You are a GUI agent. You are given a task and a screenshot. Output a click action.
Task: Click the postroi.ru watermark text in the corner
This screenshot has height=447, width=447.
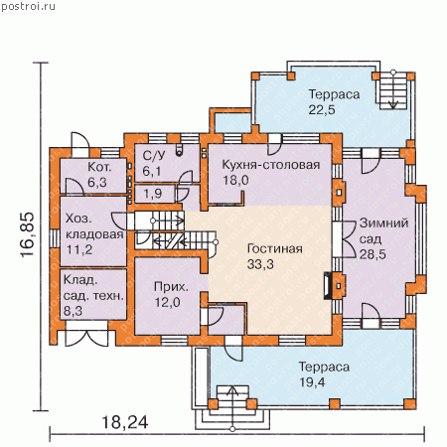coord(28,6)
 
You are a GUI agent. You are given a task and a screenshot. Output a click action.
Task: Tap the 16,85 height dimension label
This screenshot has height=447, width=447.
coord(27,234)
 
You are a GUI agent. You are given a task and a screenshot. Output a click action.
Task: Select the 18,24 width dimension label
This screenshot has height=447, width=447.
coord(125,422)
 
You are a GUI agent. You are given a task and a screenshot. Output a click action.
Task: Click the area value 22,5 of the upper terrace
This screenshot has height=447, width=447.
coord(322,109)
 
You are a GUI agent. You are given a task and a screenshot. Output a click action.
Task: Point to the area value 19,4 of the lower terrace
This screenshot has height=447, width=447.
coord(312,382)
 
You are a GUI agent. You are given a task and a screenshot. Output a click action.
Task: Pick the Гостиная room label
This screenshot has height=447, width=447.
coord(275,248)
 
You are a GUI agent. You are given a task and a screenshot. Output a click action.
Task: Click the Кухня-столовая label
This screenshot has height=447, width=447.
coord(271,165)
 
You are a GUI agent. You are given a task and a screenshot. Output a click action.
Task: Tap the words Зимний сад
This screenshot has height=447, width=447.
coord(383,230)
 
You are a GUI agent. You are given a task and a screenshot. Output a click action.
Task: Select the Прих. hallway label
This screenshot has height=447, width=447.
coord(171,287)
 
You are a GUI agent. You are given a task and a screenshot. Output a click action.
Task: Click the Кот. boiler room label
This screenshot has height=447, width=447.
coord(99,167)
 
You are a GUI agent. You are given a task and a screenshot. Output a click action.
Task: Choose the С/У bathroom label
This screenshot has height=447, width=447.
coord(153,156)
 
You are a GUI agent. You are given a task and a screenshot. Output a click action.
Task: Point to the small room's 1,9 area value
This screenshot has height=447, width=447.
coord(153,194)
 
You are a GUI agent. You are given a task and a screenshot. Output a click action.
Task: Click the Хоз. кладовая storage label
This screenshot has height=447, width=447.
coord(94,226)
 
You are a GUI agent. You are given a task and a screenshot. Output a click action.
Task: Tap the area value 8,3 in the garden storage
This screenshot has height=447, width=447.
coord(73,311)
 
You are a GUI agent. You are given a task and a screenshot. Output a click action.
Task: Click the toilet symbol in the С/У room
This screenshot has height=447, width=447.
coord(179,150)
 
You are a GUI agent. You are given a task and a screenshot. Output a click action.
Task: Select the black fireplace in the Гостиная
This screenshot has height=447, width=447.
coord(328,286)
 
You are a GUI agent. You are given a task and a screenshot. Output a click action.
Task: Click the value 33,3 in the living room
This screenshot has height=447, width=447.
coord(260,264)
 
